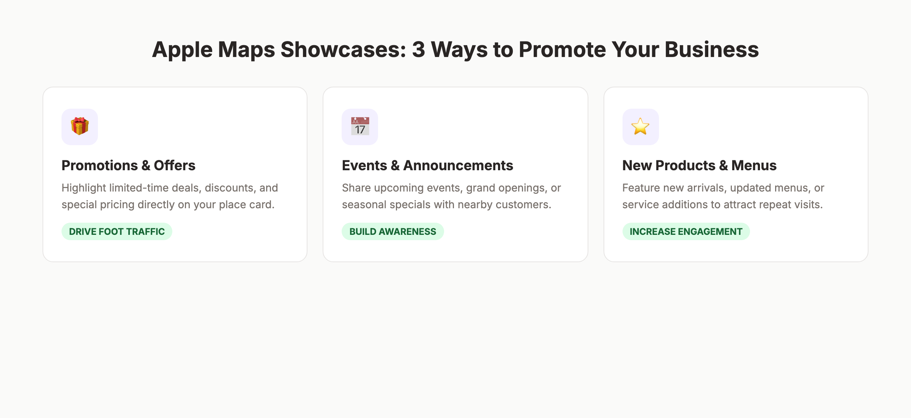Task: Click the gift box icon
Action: pos(80,127)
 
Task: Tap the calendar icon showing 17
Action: pos(360,127)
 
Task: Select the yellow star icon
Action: pos(640,127)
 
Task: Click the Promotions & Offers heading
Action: pos(128,165)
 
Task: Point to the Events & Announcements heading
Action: pos(427,165)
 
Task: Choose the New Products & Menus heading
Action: pos(699,165)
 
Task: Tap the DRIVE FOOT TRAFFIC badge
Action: pos(117,231)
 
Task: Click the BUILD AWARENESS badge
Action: pos(392,231)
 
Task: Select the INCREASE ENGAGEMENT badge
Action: pos(686,231)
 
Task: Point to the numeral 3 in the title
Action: pos(418,50)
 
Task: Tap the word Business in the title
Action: pos(711,50)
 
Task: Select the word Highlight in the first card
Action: pos(84,188)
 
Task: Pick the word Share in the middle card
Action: pos(356,188)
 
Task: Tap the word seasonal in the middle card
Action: pos(364,204)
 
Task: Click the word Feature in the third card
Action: pos(641,188)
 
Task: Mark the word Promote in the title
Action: pos(562,50)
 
